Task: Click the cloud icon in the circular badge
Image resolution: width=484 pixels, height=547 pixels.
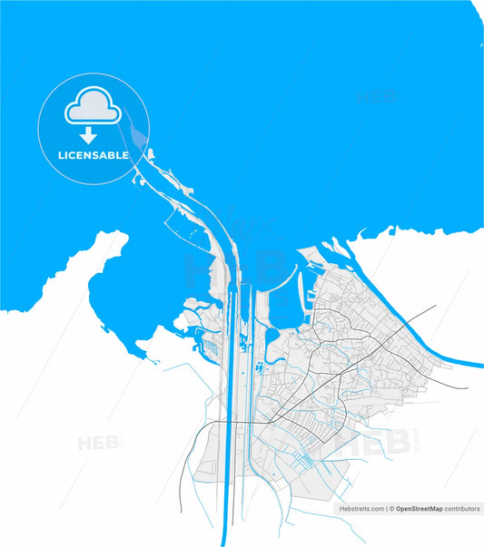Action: point(93,106)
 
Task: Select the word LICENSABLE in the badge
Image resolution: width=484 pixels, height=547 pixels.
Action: point(94,155)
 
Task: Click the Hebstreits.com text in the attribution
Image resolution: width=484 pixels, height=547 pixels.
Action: point(361,510)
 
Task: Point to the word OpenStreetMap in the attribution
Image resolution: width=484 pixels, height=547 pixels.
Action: point(425,510)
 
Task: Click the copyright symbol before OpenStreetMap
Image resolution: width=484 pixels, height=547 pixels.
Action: point(392,510)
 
